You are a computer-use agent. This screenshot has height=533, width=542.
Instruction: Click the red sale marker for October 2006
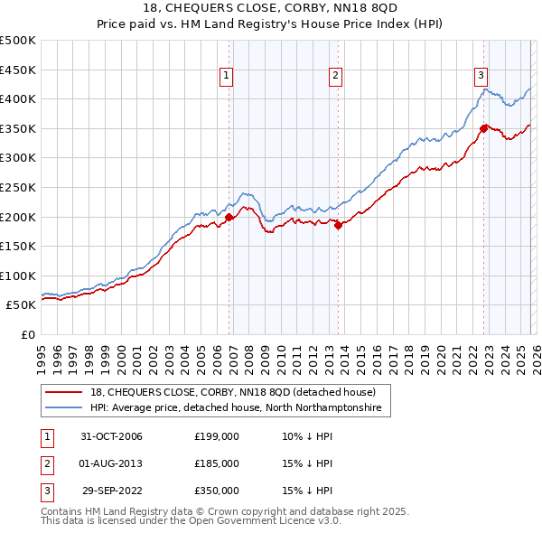click(229, 217)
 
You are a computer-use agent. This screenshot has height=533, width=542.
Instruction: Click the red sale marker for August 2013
click(338, 226)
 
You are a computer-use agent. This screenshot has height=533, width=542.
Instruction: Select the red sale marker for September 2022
click(484, 128)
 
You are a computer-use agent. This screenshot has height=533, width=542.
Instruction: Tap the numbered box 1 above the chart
click(225, 76)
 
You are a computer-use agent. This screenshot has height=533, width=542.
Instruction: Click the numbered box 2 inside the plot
click(335, 76)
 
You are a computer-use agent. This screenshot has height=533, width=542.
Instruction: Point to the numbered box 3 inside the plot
click(481, 76)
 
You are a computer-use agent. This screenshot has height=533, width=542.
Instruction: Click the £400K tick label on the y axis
click(18, 99)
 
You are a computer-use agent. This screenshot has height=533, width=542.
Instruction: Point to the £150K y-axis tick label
click(18, 246)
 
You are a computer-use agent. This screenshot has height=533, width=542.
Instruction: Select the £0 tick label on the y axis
click(27, 334)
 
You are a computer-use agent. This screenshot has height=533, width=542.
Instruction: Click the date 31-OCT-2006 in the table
click(111, 436)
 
